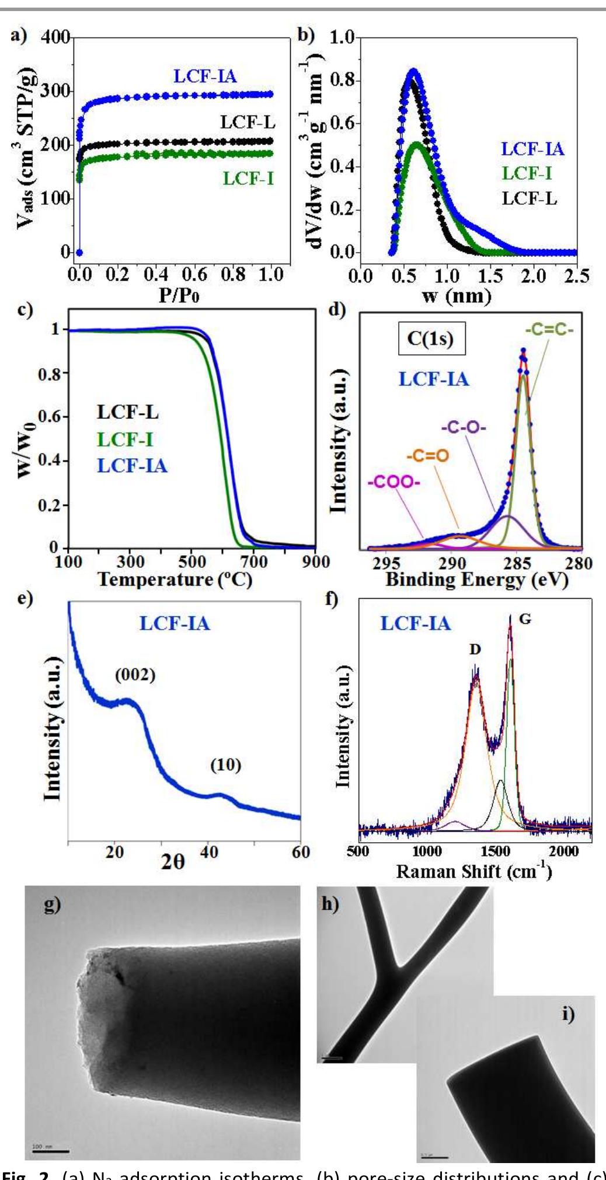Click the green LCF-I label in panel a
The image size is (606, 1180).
[x=248, y=178]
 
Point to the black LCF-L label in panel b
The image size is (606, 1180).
[x=529, y=198]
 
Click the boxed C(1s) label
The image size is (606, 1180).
[x=431, y=338]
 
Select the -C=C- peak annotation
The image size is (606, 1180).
[x=549, y=330]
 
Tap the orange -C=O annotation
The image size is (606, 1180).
[x=427, y=455]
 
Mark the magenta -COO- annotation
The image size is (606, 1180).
[x=394, y=482]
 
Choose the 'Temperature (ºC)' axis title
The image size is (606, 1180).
[x=175, y=579]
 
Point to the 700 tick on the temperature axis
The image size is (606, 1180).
[x=253, y=562]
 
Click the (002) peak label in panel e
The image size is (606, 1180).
[x=135, y=675]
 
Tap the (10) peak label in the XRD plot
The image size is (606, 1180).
[x=225, y=764]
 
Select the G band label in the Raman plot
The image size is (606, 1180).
[x=525, y=619]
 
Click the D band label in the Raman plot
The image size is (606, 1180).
[x=475, y=649]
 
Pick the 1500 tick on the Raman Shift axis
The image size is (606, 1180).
[x=495, y=851]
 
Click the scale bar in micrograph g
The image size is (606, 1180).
[x=51, y=1151]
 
